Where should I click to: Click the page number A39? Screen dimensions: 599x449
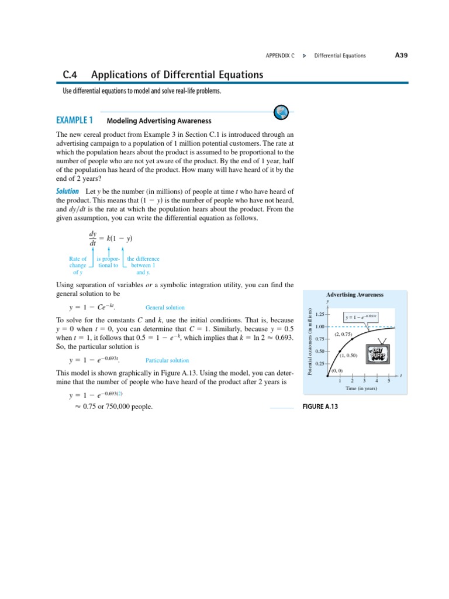[x=400, y=56]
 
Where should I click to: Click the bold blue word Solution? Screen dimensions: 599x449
[x=67, y=191]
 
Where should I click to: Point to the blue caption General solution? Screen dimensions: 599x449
[x=164, y=307]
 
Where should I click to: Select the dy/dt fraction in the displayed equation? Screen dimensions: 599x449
[x=92, y=238]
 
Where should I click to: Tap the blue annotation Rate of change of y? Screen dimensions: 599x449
[x=77, y=265]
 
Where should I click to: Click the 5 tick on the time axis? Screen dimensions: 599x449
[x=389, y=381]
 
